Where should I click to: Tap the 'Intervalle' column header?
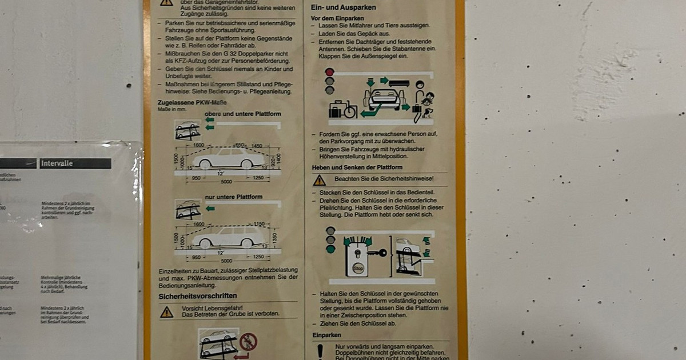(57, 163)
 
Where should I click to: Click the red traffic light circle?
(329, 72)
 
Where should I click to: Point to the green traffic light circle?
(330, 249)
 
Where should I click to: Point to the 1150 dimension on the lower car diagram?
(261, 224)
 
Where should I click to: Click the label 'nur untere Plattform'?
(234, 197)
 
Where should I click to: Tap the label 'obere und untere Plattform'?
(242, 114)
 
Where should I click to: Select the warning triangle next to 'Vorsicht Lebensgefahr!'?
(166, 312)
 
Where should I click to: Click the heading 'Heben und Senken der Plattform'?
(357, 167)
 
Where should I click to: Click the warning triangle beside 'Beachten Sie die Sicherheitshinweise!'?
(319, 181)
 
